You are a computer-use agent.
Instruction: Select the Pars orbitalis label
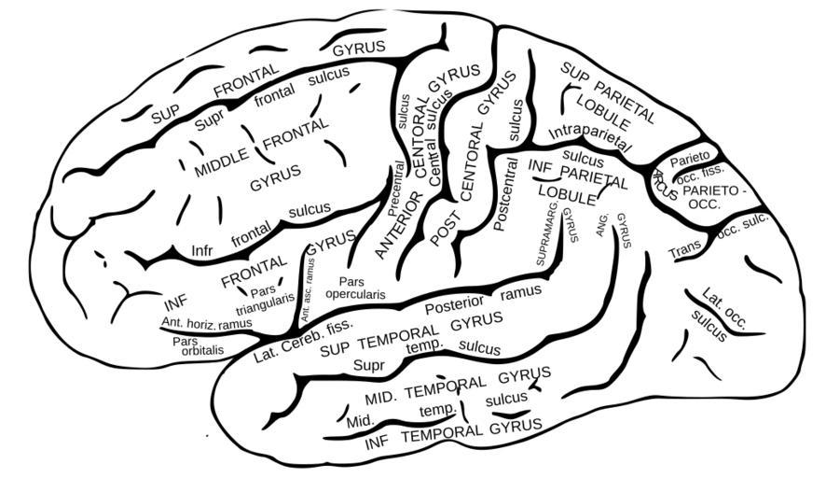click(198, 346)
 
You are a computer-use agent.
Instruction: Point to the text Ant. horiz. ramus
click(206, 323)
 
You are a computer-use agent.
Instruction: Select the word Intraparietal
click(591, 133)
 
